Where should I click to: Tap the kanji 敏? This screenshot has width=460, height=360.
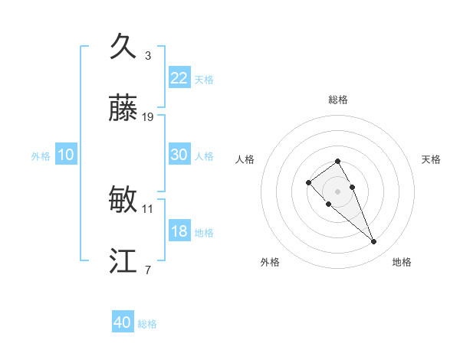pos(123,201)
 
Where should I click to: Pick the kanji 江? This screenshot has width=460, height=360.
pos(123,262)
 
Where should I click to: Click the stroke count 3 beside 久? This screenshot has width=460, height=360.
pos(148,55)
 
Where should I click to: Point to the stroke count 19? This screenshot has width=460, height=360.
pos(148,117)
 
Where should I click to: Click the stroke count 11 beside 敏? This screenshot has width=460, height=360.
pos(148,208)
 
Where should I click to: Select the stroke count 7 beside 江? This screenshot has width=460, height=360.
pos(148,270)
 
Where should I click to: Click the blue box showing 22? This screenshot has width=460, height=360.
pos(179,78)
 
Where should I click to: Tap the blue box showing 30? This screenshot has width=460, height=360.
pos(179,155)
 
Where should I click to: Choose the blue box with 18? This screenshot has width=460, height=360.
pos(179,231)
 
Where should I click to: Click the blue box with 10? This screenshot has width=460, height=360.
pos(66,155)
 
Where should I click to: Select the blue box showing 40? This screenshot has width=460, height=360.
pos(123,322)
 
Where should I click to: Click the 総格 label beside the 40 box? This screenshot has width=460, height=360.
pos(147,324)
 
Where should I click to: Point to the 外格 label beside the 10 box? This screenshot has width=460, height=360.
pos(41,156)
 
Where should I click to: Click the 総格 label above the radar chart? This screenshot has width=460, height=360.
pos(338,100)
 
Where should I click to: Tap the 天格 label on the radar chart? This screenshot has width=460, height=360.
pos(431,159)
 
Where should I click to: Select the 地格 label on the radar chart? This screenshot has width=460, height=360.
pos(402,262)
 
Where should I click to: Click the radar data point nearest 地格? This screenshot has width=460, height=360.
pos(374,242)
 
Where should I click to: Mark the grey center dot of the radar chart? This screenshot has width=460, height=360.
pos(338,191)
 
